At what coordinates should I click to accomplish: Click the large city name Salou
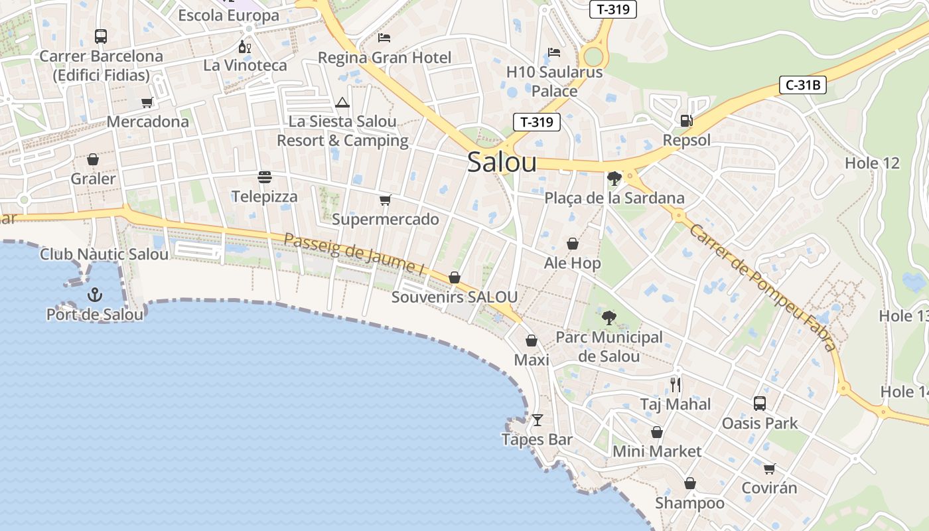pos(502,162)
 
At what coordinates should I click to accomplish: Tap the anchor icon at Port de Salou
pos(95,294)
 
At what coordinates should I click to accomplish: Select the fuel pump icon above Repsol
pos(686,121)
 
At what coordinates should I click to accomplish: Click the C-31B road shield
pos(802,85)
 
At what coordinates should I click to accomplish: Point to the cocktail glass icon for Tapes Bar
pos(537,420)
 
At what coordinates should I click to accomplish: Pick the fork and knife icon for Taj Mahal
pos(676,384)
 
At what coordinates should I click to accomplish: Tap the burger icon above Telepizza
pos(265,177)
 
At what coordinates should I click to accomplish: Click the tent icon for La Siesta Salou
pos(342,102)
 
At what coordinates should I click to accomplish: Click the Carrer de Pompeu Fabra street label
pos(762,287)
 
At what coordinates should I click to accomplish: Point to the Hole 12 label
pos(872,163)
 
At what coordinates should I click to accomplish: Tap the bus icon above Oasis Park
pos(760,403)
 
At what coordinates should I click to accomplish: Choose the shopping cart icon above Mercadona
pos(147,102)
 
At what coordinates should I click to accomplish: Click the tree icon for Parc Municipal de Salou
pos(608,317)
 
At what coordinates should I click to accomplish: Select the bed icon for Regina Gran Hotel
pos(384,37)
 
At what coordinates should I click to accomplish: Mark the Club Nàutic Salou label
pos(104,254)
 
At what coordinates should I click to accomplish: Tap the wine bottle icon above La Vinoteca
pos(245,46)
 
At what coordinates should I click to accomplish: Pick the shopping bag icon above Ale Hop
pos(572,244)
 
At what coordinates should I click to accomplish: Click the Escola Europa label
pos(229,15)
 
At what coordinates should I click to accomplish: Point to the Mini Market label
pos(656,451)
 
